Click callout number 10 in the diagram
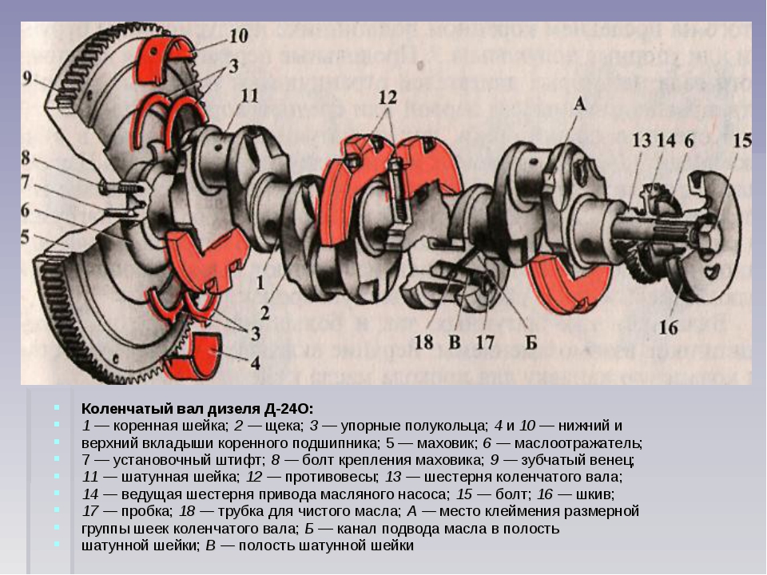[x=239, y=35]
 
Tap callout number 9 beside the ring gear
[x=27, y=78]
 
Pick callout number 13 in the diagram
[x=641, y=141]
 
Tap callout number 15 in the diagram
[x=742, y=141]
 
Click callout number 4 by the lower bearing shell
[x=255, y=363]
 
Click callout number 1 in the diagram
[x=260, y=281]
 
